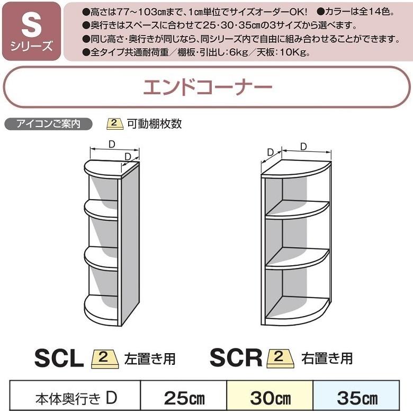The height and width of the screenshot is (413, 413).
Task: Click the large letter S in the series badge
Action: pos(31,25)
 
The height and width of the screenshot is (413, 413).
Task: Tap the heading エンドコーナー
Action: pos(207,87)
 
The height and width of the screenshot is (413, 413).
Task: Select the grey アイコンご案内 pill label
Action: pos(49,124)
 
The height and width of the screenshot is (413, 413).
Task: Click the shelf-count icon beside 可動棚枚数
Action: pos(115,124)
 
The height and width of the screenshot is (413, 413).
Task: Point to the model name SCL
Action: pos(59,358)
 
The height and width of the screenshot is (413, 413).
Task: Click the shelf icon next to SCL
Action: pos(104,358)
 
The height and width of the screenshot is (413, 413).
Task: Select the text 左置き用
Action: pos(150,358)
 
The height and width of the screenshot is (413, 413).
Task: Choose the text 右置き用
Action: pos(327,358)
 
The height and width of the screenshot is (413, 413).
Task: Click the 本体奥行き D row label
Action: pos(76,398)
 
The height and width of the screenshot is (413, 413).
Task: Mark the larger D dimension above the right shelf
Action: pos(307,152)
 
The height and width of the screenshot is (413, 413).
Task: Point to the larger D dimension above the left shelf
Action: pos(114,149)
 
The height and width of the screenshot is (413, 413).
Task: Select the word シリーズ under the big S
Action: pos(31,47)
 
